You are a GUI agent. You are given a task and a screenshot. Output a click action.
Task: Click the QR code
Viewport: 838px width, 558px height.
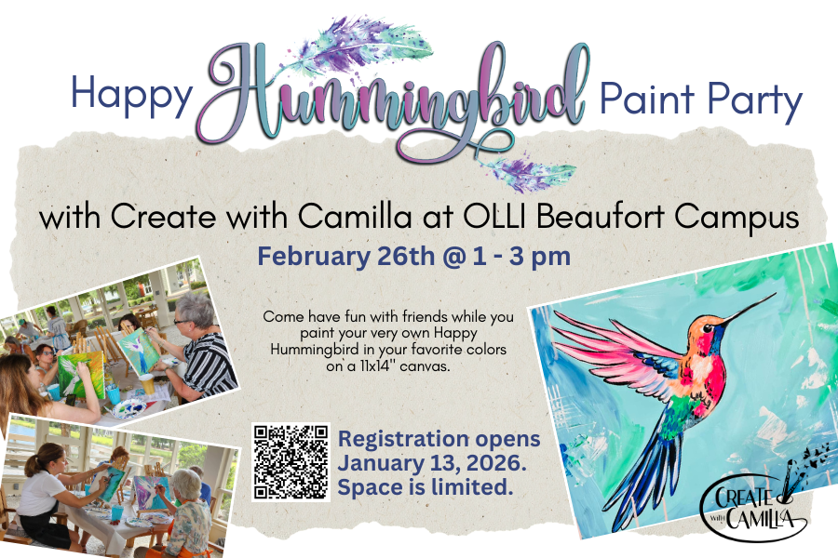click(x=291, y=461)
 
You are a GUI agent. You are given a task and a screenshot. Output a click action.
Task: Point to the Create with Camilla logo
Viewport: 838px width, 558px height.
click(x=753, y=503)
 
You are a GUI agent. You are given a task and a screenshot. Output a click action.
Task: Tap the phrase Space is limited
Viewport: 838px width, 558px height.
click(x=426, y=486)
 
